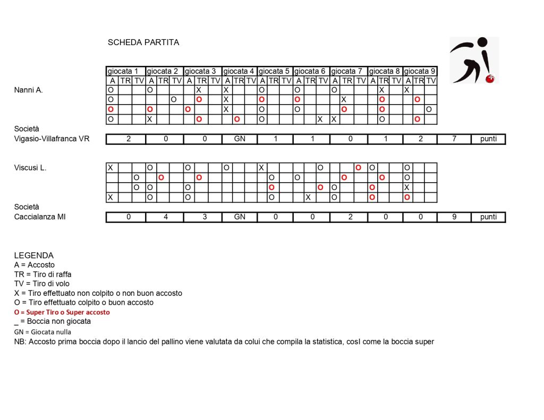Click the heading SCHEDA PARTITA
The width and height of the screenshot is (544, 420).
(x=143, y=42)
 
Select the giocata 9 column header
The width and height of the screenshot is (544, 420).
(x=420, y=71)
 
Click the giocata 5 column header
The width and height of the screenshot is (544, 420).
(x=275, y=71)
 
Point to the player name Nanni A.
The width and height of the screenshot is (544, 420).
(x=29, y=90)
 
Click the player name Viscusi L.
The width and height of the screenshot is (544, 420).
(x=30, y=168)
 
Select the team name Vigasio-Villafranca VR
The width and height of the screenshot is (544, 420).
(x=52, y=139)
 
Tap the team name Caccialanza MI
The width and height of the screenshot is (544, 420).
(x=40, y=217)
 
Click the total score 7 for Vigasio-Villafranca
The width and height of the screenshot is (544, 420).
(x=454, y=139)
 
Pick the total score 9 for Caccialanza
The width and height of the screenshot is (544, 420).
(x=454, y=217)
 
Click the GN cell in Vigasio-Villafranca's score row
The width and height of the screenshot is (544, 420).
(x=240, y=139)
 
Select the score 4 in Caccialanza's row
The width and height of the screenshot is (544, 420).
(x=165, y=217)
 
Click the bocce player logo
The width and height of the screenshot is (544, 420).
(x=474, y=60)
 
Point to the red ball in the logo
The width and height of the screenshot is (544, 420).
(x=490, y=79)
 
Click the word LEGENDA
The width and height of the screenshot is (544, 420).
(x=34, y=255)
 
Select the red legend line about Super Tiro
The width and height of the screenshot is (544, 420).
(x=62, y=312)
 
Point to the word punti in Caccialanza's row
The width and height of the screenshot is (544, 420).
(x=488, y=217)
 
